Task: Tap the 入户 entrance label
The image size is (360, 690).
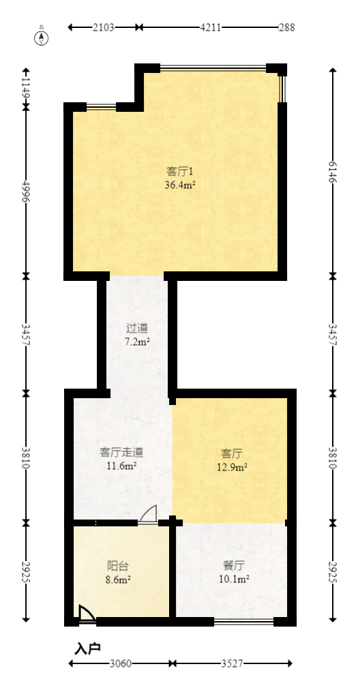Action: [87, 648]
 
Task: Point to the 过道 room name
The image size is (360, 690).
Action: [137, 327]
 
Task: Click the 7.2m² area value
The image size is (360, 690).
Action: [137, 341]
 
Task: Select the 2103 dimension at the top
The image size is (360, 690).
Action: [104, 27]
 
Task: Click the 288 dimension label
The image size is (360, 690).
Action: [286, 27]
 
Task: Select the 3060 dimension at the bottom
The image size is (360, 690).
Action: [121, 663]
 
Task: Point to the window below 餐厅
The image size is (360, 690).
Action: [243, 621]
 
